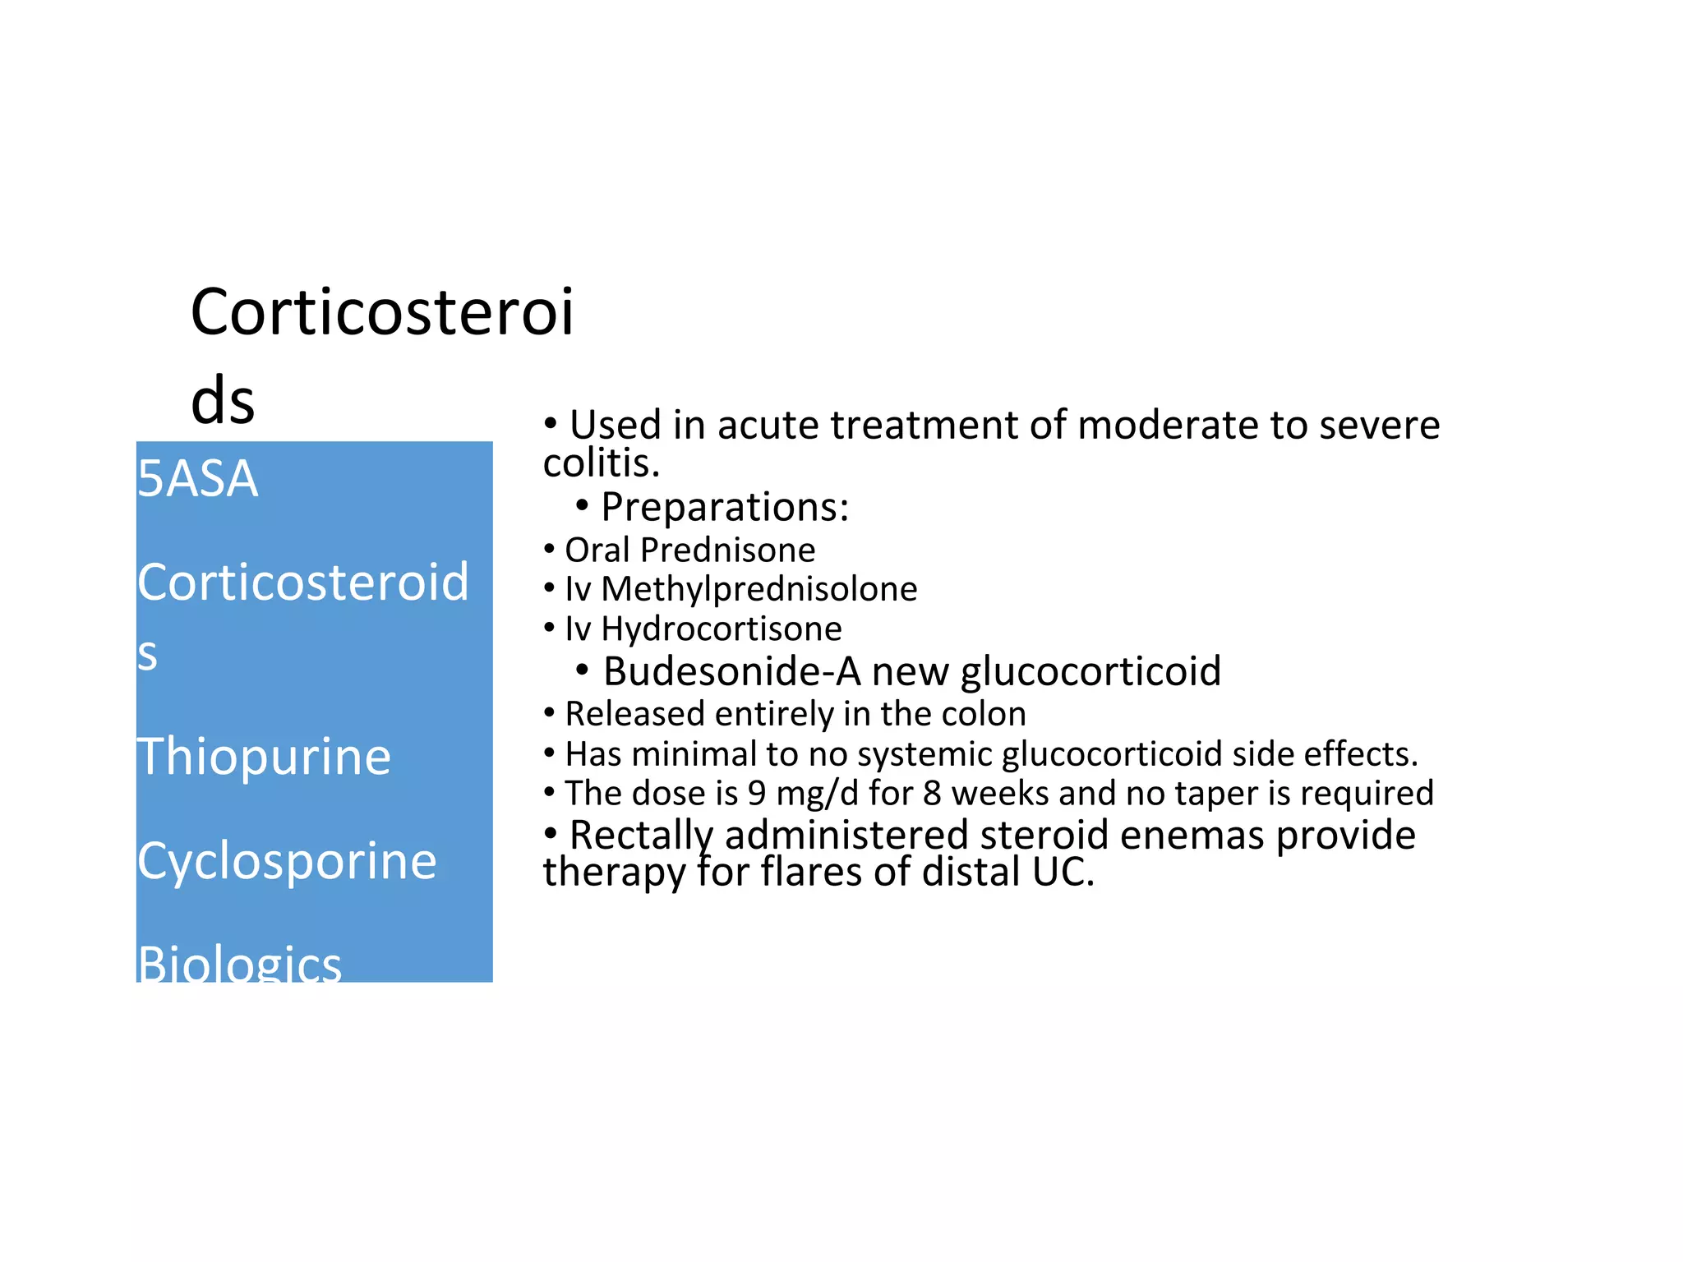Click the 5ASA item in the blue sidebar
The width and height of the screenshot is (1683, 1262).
tap(197, 478)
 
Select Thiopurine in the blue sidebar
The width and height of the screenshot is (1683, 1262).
tap(264, 756)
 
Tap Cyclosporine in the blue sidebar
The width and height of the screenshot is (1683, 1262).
tap(287, 861)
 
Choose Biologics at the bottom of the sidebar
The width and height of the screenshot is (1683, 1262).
tap(239, 963)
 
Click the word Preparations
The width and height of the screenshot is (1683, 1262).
tap(724, 507)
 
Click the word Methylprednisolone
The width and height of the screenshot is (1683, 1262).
tap(759, 589)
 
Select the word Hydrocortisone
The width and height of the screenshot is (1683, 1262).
tap(721, 629)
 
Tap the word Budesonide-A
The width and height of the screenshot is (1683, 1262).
tap(731, 671)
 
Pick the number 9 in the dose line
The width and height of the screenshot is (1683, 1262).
tap(756, 794)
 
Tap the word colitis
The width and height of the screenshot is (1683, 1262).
tap(601, 463)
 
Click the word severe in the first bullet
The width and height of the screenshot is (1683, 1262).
tap(1382, 426)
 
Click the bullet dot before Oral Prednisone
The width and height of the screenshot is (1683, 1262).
tap(549, 548)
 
